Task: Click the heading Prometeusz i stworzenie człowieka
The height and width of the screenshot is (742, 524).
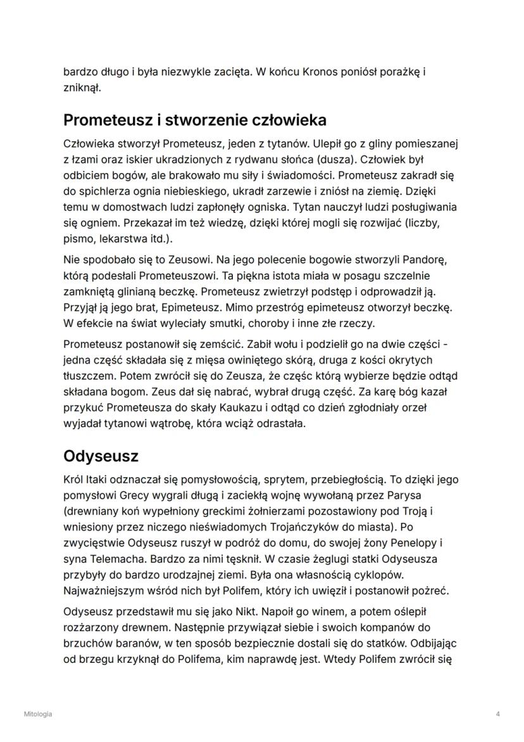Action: tap(195, 120)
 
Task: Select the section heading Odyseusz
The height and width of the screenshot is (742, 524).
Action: tap(101, 456)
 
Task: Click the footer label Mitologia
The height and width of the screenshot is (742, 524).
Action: tap(39, 714)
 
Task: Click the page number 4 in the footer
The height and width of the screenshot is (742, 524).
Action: tap(499, 714)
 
